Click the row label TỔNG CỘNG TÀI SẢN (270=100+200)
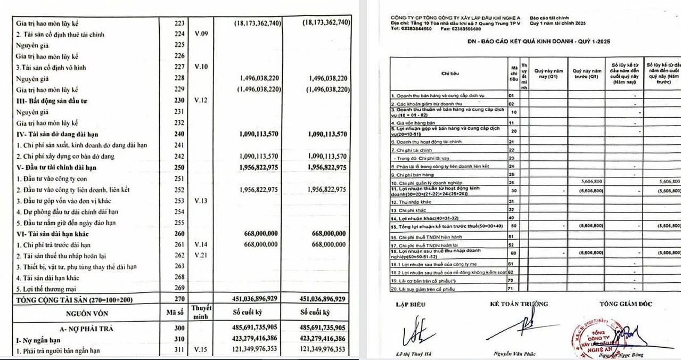(x=71, y=300)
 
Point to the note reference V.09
(x=201, y=35)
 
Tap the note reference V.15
(x=201, y=350)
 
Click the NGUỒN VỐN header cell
(x=88, y=313)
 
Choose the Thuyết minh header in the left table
(x=201, y=313)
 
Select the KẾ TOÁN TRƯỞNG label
(x=519, y=305)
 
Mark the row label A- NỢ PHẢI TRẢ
(x=88, y=328)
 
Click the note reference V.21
(x=201, y=256)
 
